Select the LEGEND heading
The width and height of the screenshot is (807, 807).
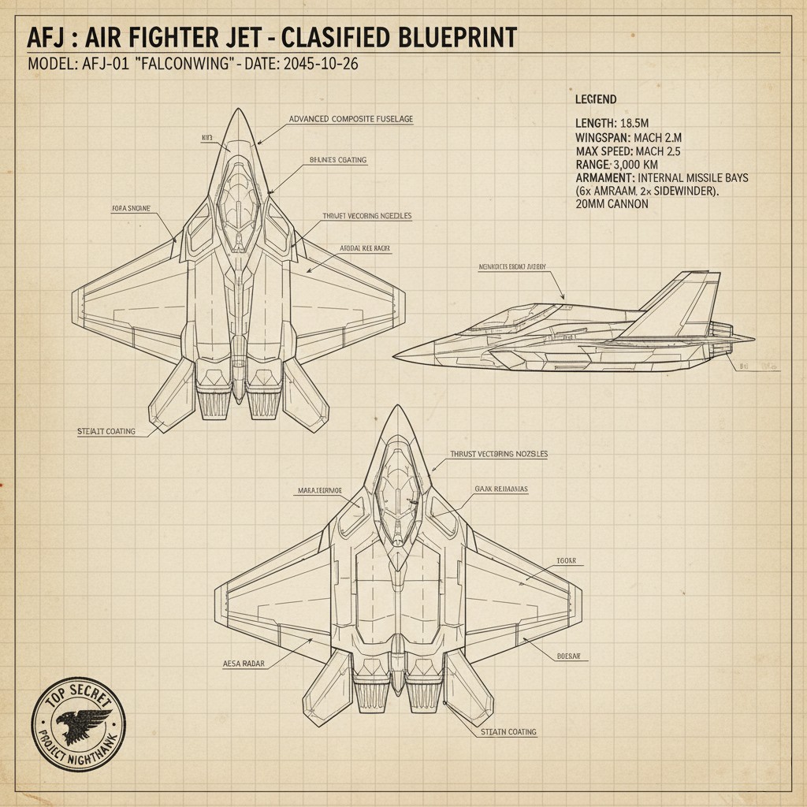point(596,99)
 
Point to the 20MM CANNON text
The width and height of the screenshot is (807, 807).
point(612,204)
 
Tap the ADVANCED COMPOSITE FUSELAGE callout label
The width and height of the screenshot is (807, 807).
point(351,119)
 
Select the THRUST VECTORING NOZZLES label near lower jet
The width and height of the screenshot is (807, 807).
point(498,455)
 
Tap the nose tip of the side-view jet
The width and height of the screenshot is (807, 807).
point(396,354)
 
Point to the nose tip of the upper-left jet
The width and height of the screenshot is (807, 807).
point(237,112)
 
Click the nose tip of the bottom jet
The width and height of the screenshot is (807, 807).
point(399,409)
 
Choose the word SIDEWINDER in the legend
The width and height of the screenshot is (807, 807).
point(684,191)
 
